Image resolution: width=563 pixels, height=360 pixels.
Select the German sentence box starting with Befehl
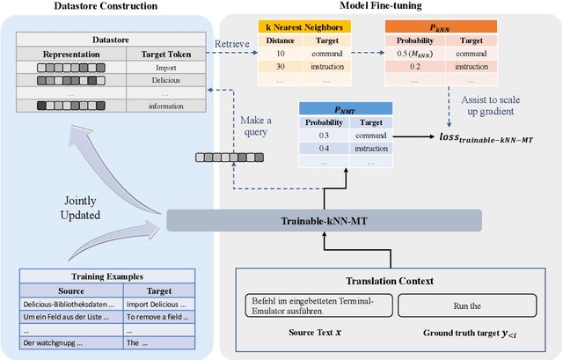(315, 305)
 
